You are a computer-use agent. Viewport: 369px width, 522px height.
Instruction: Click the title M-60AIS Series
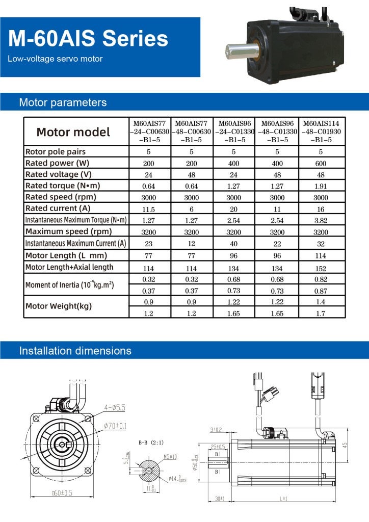click(x=88, y=39)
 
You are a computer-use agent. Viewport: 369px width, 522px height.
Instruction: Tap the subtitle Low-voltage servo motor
click(x=55, y=59)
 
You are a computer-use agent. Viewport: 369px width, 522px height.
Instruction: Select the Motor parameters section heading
click(x=63, y=102)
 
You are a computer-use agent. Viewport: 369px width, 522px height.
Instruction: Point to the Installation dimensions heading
click(x=75, y=351)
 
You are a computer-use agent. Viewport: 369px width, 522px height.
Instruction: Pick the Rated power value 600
click(x=321, y=164)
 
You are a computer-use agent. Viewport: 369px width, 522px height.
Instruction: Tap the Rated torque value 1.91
click(x=321, y=186)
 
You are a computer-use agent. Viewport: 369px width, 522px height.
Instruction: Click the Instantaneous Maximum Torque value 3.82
click(x=321, y=221)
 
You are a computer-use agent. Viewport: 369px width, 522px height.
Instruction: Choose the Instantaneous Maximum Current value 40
click(x=233, y=244)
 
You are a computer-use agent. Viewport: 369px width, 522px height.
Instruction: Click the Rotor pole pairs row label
click(x=55, y=152)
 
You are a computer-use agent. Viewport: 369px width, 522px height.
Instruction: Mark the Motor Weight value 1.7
click(x=321, y=313)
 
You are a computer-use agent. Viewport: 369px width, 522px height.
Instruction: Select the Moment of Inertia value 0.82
click(x=321, y=279)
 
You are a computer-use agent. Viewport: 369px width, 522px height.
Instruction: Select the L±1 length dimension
click(x=283, y=498)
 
